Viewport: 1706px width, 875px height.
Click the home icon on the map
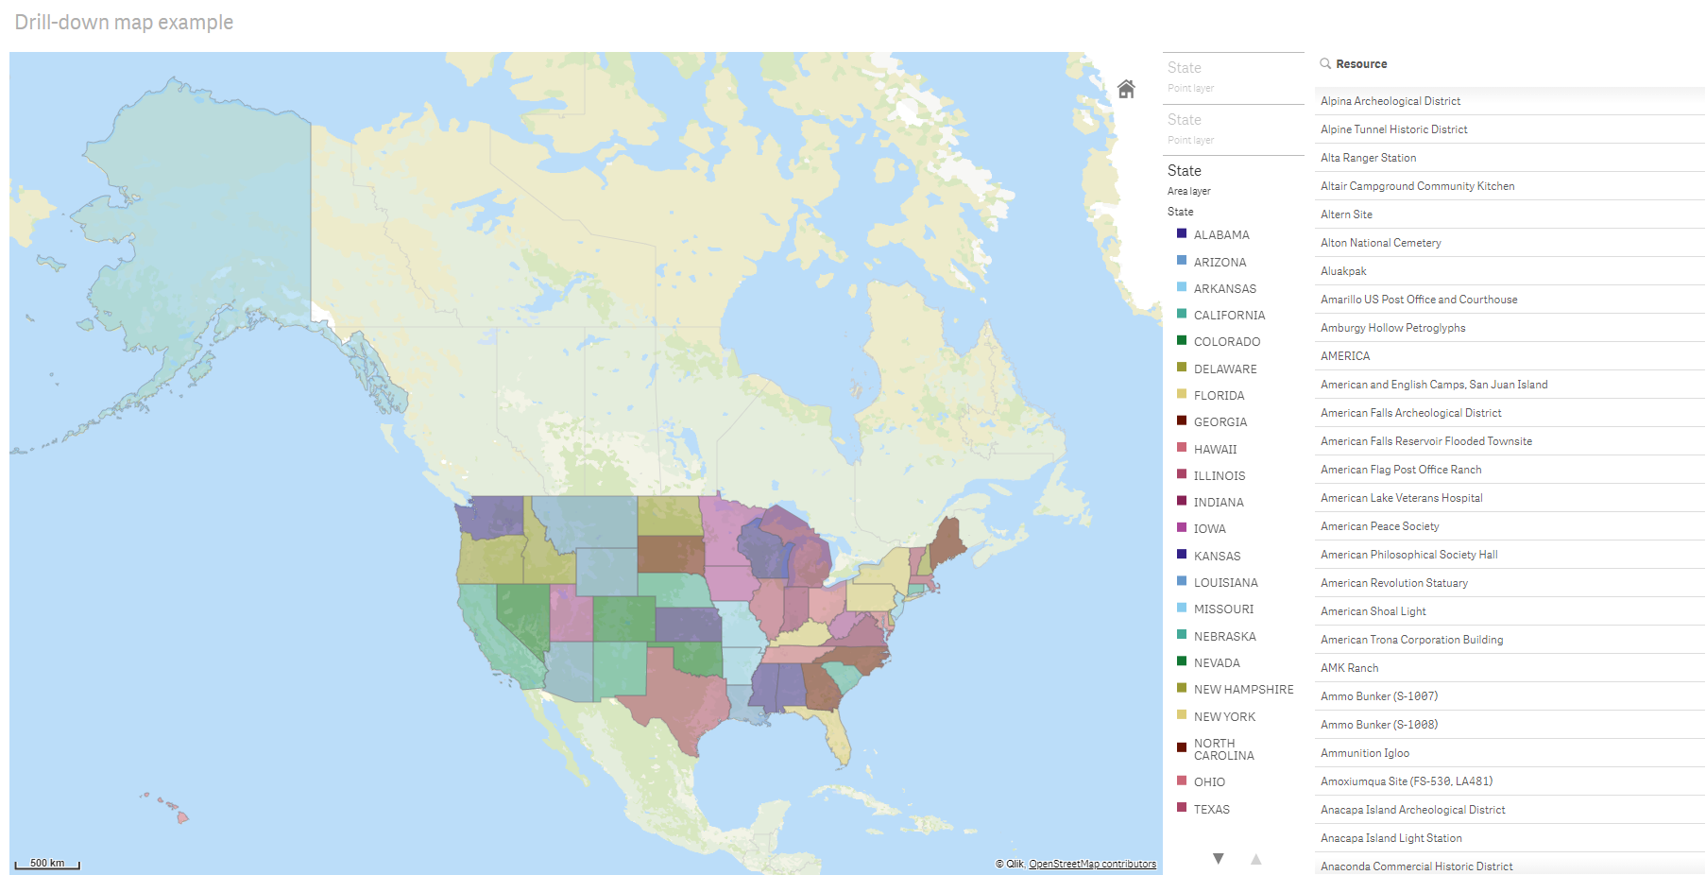coord(1126,89)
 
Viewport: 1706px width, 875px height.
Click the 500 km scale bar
coord(47,864)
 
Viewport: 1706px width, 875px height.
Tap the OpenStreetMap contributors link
coord(1092,864)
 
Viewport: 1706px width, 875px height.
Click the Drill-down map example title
coord(124,22)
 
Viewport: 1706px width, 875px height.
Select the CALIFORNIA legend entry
coord(1228,315)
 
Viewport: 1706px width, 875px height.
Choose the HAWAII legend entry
coord(1214,449)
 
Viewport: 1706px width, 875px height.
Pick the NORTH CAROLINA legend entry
coord(1223,749)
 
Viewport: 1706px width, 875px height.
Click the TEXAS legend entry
coord(1211,809)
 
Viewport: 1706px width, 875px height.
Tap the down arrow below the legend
coord(1219,858)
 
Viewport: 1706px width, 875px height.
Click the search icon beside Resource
coord(1325,63)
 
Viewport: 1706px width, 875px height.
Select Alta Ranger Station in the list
coord(1368,158)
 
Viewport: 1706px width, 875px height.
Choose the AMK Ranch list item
coord(1349,668)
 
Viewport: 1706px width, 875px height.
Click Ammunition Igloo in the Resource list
coord(1364,753)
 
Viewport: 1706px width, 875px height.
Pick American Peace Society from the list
coord(1379,526)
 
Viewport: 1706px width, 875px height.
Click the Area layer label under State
coord(1188,191)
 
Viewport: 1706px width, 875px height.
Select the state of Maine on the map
coord(947,540)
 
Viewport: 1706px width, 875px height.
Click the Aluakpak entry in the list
coord(1343,271)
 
